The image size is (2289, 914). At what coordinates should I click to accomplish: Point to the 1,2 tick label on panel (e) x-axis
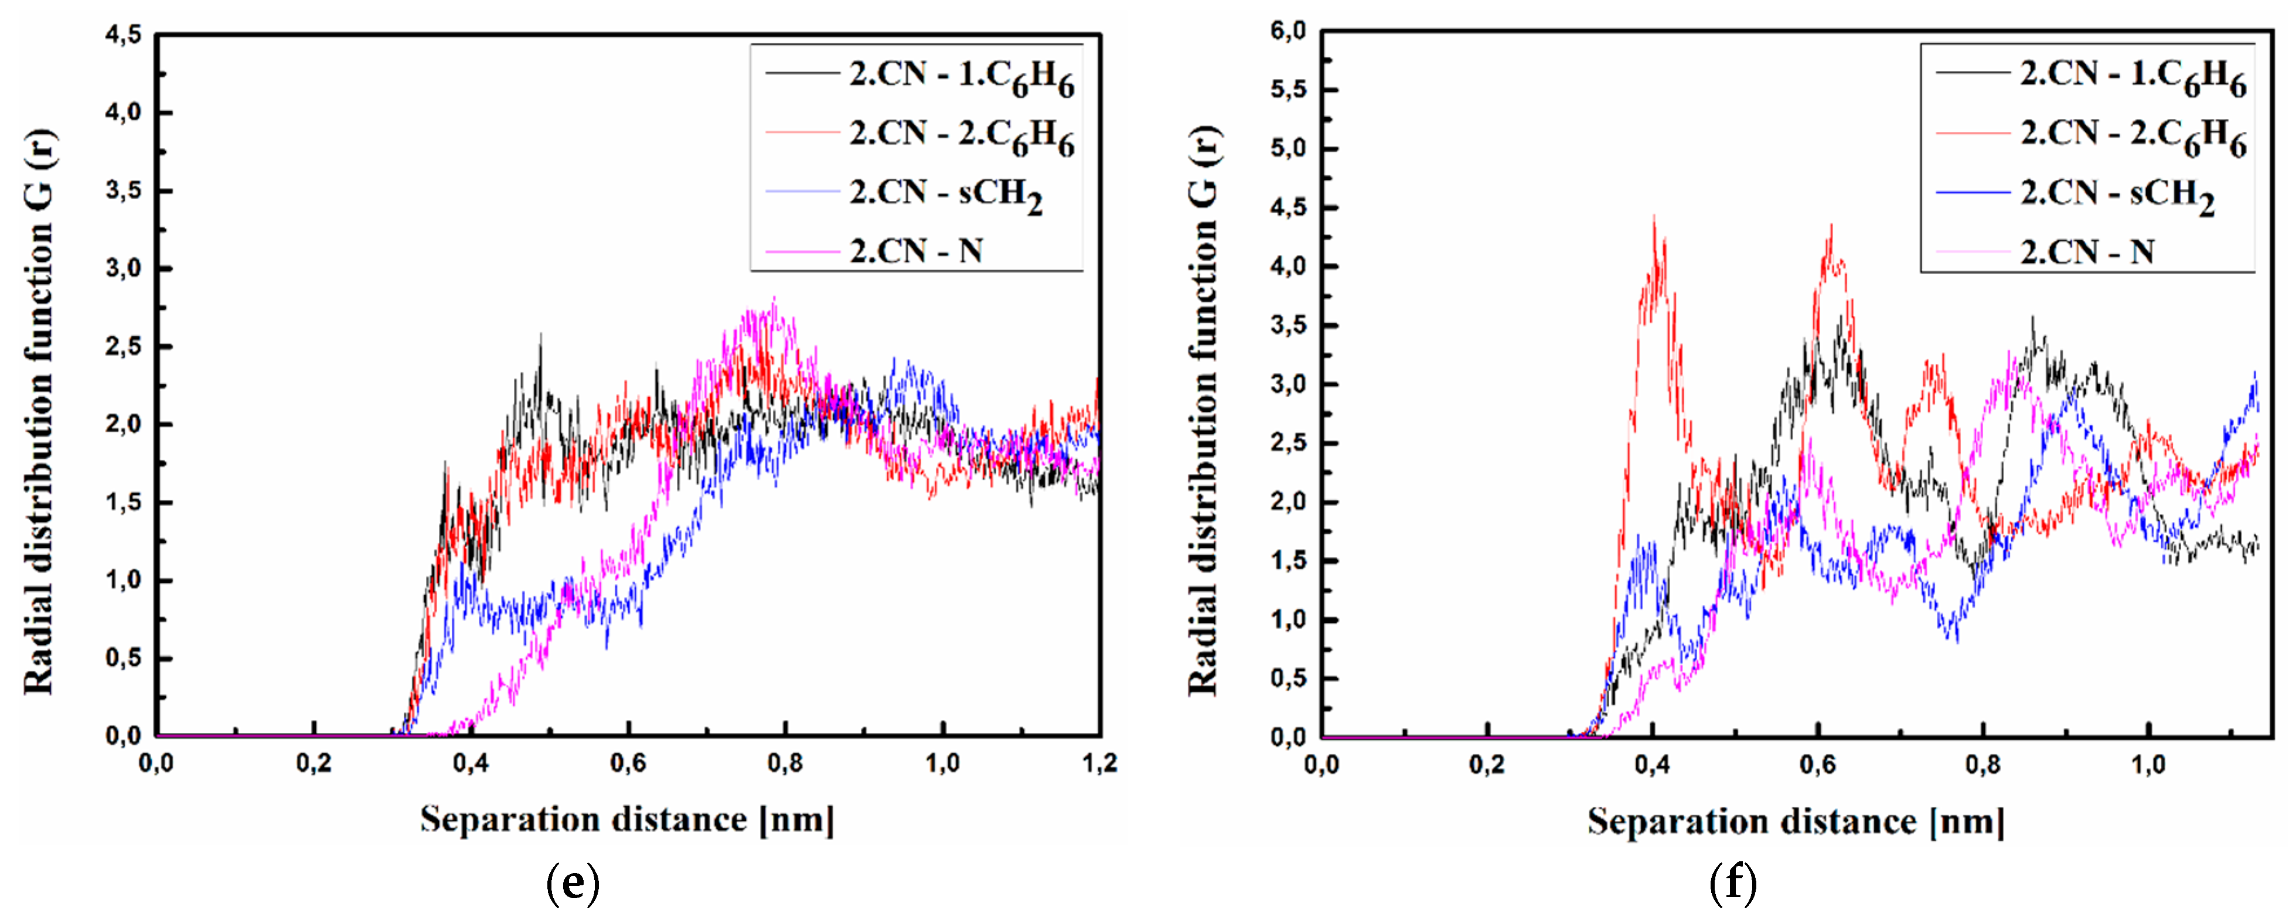pos(1099,764)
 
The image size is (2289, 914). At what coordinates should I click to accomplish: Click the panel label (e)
pos(573,884)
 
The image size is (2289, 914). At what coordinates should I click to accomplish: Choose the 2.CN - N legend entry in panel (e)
pos(916,251)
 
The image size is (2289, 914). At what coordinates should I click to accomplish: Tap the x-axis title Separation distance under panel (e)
pos(626,820)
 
